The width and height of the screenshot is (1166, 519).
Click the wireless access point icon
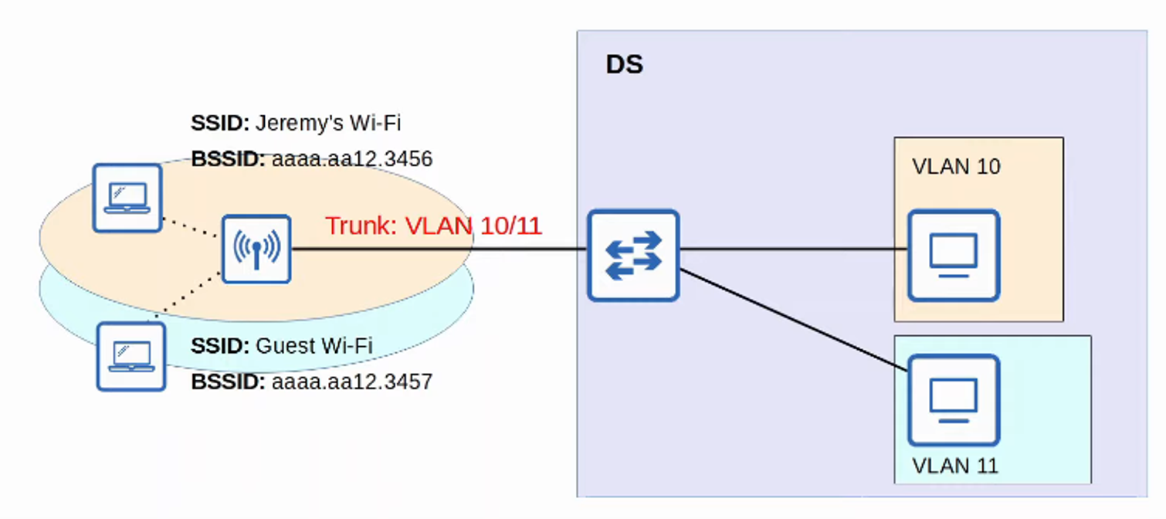pos(256,249)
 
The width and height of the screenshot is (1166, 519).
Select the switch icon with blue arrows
pos(632,255)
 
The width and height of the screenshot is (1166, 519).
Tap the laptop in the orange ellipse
pos(127,198)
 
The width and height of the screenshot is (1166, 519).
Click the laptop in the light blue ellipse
pos(130,356)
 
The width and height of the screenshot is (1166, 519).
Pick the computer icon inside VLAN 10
pos(953,255)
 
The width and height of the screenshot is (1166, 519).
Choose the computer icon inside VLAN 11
pos(953,399)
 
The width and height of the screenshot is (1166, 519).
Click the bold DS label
pos(624,65)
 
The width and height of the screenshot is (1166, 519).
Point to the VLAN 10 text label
pos(956,166)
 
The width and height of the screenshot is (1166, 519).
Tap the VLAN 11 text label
pos(954,466)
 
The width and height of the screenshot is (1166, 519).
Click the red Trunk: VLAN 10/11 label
pos(433,226)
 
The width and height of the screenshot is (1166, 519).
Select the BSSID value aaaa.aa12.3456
pos(351,159)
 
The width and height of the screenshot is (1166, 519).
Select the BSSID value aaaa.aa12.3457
pos(351,382)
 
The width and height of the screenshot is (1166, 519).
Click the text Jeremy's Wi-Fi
pos(328,123)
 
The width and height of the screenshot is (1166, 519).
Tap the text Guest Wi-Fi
pos(314,345)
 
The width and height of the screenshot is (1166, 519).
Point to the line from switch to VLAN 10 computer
pos(791,249)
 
